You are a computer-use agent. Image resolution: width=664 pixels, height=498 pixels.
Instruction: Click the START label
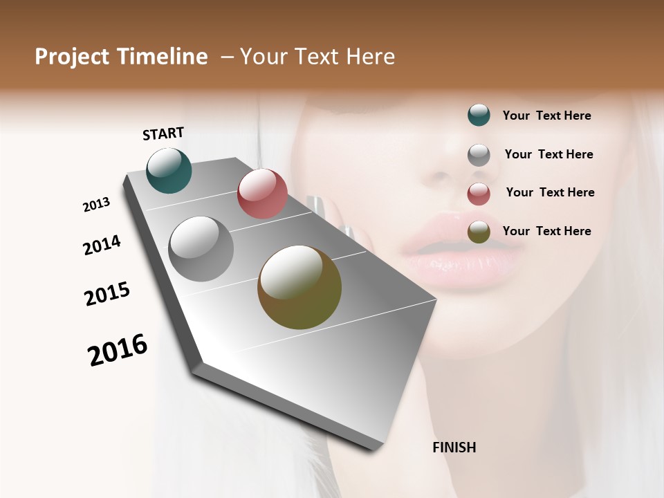[x=163, y=133]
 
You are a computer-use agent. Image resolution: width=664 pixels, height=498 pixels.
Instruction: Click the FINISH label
[x=454, y=448]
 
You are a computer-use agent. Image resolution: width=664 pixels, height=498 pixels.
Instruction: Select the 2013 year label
[x=96, y=205]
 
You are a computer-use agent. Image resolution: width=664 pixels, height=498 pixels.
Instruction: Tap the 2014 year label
[x=102, y=245]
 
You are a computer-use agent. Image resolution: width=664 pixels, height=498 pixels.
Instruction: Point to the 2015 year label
[x=107, y=294]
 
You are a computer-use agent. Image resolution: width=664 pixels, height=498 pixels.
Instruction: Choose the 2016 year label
[x=118, y=349]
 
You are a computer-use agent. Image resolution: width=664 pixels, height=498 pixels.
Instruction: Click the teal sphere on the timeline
[x=169, y=170]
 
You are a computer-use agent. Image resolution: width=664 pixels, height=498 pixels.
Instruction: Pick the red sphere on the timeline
[x=262, y=193]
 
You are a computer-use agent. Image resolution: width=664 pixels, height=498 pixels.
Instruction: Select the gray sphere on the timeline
[x=201, y=249]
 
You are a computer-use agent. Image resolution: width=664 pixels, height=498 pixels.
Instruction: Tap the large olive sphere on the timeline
[x=299, y=287]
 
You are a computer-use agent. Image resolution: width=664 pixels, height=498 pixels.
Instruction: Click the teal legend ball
[x=479, y=116]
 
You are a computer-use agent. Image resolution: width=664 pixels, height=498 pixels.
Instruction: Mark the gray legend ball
[x=479, y=155]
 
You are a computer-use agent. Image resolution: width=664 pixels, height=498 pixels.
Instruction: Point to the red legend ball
[x=479, y=194]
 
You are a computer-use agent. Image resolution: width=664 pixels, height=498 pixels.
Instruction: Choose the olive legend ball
[x=479, y=232]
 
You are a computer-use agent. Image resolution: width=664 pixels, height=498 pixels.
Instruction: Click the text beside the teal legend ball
[x=546, y=116]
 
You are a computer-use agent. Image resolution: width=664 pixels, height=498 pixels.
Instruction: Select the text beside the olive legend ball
[x=546, y=231]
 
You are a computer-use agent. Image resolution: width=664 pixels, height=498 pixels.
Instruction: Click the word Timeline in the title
[x=162, y=57]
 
